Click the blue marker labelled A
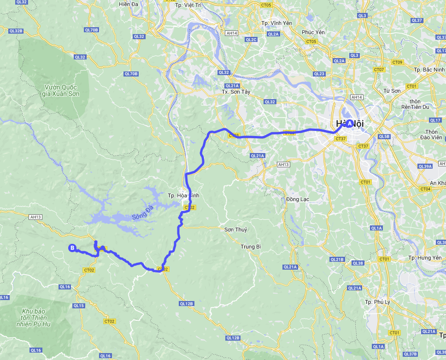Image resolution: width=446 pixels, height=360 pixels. tap(350, 124)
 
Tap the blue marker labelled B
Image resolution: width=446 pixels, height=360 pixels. tap(72, 248)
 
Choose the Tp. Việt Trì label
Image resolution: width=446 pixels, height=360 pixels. tap(189, 5)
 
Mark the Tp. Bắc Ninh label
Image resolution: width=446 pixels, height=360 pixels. tap(429, 70)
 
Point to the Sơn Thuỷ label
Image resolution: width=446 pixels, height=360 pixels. tap(235, 230)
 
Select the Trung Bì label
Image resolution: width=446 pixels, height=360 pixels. tap(251, 247)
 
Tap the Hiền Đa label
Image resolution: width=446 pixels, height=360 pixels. tap(129, 4)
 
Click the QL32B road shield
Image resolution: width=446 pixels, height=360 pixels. tap(16, 31)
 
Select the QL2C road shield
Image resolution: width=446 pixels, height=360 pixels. tap(251, 40)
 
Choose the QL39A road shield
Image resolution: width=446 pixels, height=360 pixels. tap(424, 166)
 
